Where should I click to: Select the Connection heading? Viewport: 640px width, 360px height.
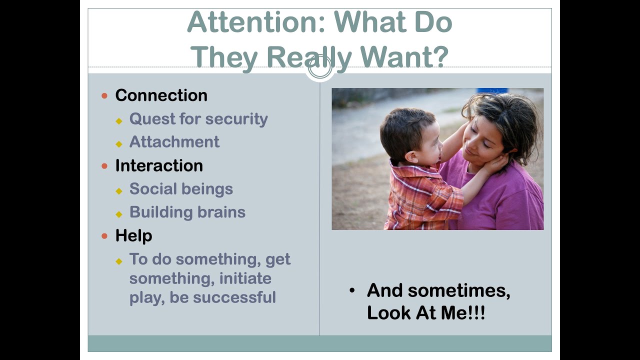click(161, 95)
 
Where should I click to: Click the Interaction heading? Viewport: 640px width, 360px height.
click(159, 165)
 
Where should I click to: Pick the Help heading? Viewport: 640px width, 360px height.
click(133, 235)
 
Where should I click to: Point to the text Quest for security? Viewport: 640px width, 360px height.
click(198, 119)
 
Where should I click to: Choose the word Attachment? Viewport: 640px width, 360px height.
click(174, 142)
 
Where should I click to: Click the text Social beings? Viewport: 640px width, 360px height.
click(181, 189)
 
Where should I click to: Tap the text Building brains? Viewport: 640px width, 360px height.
click(187, 212)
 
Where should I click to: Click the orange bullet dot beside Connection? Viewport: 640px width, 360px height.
click(104, 95)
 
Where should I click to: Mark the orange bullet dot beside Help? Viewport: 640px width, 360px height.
click(104, 235)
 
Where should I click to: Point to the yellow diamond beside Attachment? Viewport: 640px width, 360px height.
click(119, 144)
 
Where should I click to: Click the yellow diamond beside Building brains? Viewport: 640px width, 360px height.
click(119, 214)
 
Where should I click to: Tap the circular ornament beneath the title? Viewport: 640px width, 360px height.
click(320, 68)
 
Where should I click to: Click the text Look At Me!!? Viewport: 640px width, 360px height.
click(426, 313)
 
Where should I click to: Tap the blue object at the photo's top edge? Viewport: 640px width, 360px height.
click(492, 90)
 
